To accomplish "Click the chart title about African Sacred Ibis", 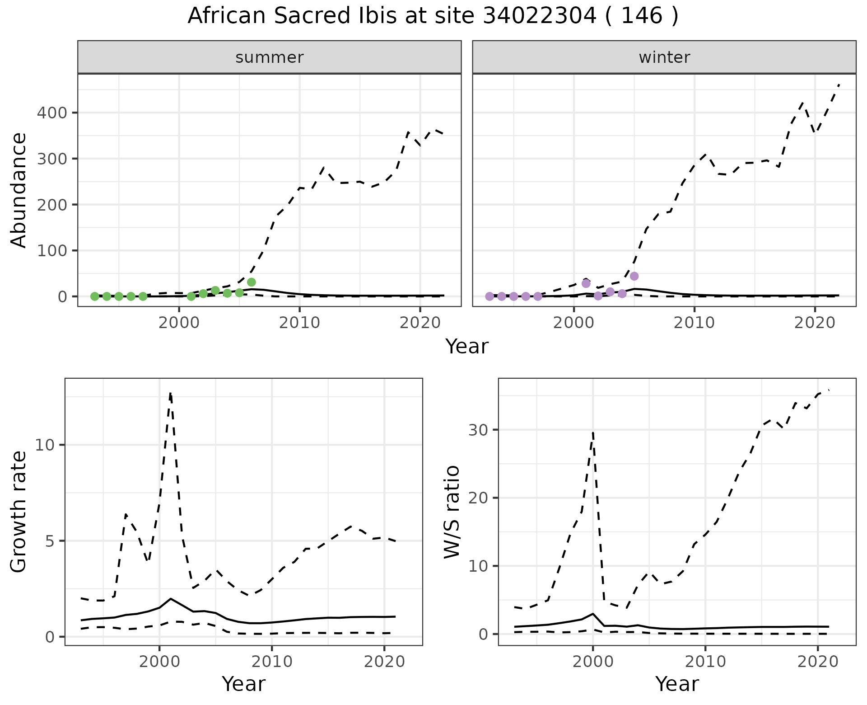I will (433, 16).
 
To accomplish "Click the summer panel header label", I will (270, 57).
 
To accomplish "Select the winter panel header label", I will (664, 57).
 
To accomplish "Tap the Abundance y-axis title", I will (19, 190).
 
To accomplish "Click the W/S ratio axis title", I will (452, 512).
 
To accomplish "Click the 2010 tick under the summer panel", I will (299, 323).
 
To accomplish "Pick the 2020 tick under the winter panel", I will (815, 323).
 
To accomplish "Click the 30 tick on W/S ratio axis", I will (478, 429).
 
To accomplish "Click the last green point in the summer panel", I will (252, 282).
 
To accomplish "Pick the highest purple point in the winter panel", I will (634, 276).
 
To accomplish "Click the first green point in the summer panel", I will (94, 296).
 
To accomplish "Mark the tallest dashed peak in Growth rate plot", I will (170, 394).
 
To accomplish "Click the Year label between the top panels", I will (467, 347).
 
